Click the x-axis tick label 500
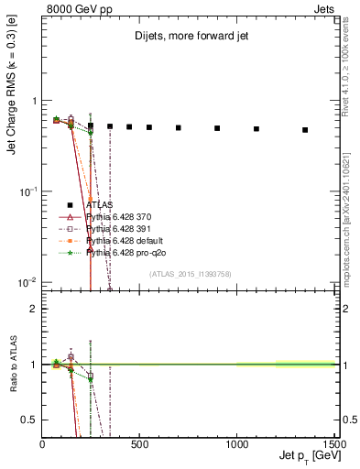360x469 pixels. pyautogui.click(x=140, y=444)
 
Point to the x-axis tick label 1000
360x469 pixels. pyautogui.click(x=236, y=444)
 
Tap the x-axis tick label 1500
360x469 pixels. pyautogui.click(x=334, y=444)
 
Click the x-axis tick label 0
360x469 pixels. pyautogui.click(x=43, y=444)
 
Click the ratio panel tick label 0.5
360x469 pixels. pyautogui.click(x=29, y=420)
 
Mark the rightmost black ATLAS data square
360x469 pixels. pyautogui.click(x=305, y=130)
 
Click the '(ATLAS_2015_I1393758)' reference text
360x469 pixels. pyautogui.click(x=190, y=273)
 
